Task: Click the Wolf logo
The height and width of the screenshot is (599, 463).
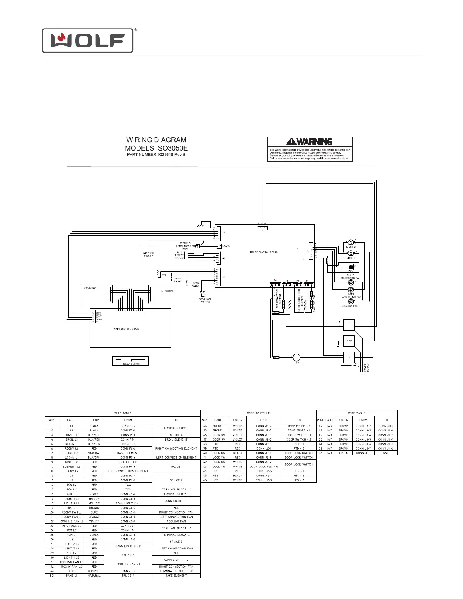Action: coord(87,40)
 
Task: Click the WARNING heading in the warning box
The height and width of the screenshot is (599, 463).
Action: coord(310,142)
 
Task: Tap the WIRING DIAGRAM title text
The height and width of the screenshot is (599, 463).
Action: coord(156,140)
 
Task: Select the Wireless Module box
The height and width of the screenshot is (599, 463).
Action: coord(149,254)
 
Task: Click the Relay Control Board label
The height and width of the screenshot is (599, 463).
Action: coord(264,252)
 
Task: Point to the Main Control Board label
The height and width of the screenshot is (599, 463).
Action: coord(127,329)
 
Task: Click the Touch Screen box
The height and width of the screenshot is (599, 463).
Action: coord(131,361)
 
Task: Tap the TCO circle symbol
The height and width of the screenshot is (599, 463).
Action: coord(297,357)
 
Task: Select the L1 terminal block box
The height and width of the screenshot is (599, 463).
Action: coord(349,324)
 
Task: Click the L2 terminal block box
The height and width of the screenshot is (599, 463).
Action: coord(349,357)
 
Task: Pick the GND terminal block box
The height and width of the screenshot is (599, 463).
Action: coord(349,341)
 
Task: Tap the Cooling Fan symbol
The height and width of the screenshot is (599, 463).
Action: coord(350,301)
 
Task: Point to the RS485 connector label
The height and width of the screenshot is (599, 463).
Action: coord(226,246)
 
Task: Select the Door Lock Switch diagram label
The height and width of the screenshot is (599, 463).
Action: coord(205,301)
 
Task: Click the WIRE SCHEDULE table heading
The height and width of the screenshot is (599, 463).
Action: coord(258,413)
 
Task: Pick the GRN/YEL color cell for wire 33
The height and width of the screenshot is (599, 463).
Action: coord(94,571)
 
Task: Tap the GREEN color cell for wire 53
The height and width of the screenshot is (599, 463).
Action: coord(343,453)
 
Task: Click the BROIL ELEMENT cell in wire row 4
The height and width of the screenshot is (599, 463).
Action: coord(176,439)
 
